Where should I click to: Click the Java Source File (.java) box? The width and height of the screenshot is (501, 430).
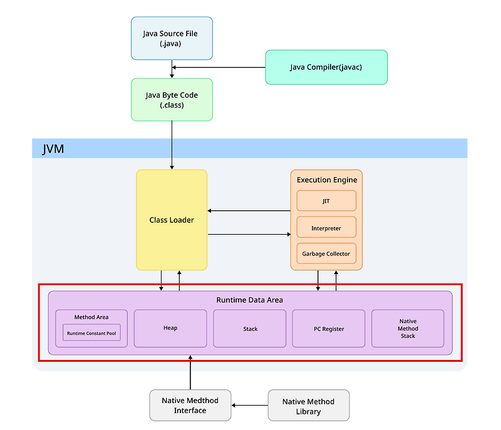pos(172,38)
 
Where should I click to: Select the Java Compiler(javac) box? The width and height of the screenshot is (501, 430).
pos(326,67)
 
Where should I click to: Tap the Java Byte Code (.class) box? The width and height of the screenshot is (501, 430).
pos(172,100)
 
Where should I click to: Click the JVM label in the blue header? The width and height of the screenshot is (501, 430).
pos(53,149)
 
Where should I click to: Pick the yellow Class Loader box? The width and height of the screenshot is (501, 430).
pos(172,220)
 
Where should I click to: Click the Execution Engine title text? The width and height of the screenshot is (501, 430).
pos(326,180)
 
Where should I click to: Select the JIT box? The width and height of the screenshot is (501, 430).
pos(326,201)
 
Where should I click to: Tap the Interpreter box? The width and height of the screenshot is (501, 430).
pos(326,228)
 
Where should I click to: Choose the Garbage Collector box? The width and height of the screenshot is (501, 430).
pos(326,253)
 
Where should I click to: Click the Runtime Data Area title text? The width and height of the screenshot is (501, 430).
pos(249,300)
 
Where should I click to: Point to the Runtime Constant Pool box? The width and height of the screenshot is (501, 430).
pos(91,333)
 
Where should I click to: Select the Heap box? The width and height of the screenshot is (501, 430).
pos(170,328)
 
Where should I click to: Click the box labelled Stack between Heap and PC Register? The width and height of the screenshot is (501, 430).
pos(250,329)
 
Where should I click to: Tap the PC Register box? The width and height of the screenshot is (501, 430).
pos(329,329)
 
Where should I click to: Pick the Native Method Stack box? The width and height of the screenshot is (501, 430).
pos(408,329)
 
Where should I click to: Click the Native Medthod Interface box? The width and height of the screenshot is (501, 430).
pos(190,406)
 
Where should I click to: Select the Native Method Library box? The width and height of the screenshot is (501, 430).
pos(308,406)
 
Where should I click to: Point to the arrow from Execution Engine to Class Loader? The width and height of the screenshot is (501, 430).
pos(249,211)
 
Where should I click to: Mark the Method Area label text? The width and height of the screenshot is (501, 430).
pos(91,317)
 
